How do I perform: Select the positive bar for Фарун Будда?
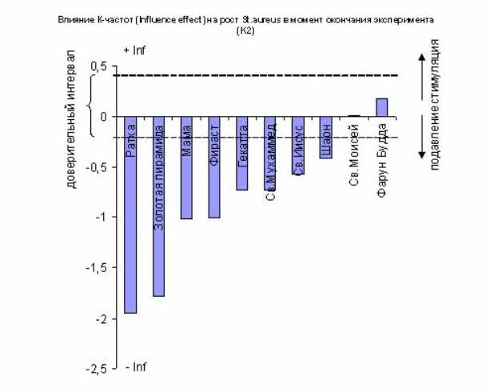pyautogui.click(x=381, y=107)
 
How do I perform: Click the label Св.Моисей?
pyautogui.click(x=354, y=153)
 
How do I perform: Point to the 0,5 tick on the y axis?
pyautogui.click(x=98, y=66)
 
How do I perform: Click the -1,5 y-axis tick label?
pyautogui.click(x=96, y=269)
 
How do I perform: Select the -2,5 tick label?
pyautogui.click(x=96, y=370)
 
